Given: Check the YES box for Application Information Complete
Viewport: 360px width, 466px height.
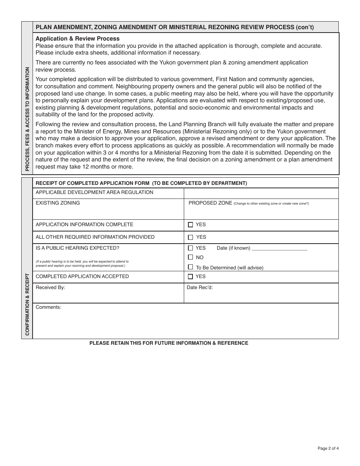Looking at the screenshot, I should (x=190, y=225).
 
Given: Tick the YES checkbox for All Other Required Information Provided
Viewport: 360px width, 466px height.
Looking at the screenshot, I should (x=190, y=237).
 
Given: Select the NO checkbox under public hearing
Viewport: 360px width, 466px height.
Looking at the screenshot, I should (x=190, y=257).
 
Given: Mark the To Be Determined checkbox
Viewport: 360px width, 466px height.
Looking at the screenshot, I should (x=190, y=267).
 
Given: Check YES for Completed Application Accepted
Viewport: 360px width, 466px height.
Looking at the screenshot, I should (x=190, y=277).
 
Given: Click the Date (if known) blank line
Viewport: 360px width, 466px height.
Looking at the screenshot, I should (x=279, y=249).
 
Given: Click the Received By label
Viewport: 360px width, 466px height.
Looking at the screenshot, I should (x=50, y=288).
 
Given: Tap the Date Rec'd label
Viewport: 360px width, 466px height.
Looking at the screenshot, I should (x=200, y=288).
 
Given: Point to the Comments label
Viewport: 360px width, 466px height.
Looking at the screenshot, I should (x=49, y=307).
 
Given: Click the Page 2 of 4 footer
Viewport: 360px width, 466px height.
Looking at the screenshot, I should (x=328, y=449).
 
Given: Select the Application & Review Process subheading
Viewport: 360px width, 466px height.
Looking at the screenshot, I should (x=77, y=39).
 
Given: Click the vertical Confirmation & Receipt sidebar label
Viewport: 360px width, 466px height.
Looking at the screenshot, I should (x=27, y=304).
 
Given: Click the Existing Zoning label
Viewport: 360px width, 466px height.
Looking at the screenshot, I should (x=58, y=203).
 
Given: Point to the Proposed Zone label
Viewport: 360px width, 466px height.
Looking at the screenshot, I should (x=210, y=203).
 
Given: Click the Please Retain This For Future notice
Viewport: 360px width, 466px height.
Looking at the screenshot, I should (x=169, y=343).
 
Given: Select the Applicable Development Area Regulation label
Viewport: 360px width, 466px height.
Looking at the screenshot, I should (x=94, y=192).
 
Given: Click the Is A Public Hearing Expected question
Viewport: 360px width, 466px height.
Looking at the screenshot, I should (x=77, y=248).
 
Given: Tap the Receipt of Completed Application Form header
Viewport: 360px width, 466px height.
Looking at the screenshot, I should (x=141, y=183).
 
